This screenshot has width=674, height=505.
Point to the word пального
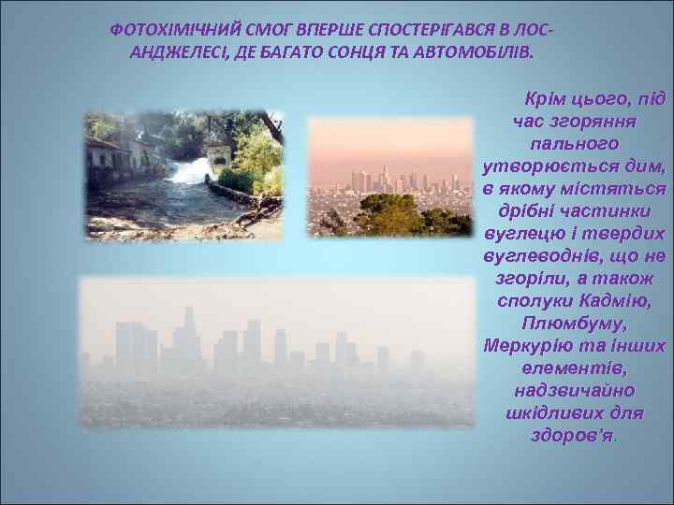click(574, 144)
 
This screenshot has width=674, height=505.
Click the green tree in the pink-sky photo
click(388, 215)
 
